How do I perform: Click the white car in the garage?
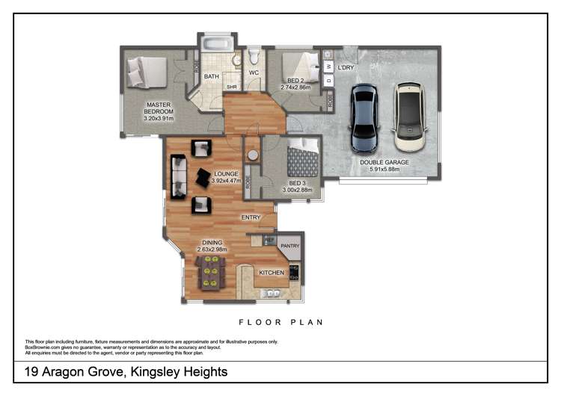[x=410, y=117]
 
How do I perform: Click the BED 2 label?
[x=295, y=81]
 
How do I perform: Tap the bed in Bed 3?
[x=303, y=159]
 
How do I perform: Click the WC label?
[x=253, y=72]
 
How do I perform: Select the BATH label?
[x=212, y=76]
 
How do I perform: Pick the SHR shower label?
[x=232, y=86]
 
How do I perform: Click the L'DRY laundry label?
[x=346, y=67]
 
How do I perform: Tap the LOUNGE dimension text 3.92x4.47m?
[x=225, y=181]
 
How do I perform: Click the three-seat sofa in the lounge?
[x=177, y=176]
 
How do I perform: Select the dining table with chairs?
[x=210, y=271]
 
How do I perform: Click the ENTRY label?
[x=251, y=217]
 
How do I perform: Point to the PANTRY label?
[x=289, y=245]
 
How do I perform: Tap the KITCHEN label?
[x=272, y=273]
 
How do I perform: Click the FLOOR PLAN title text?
[x=280, y=323]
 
